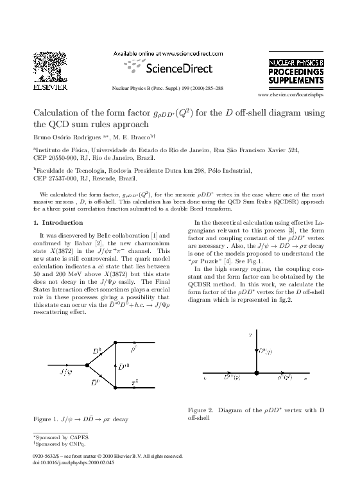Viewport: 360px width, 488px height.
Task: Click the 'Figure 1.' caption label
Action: [x=46, y=419]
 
